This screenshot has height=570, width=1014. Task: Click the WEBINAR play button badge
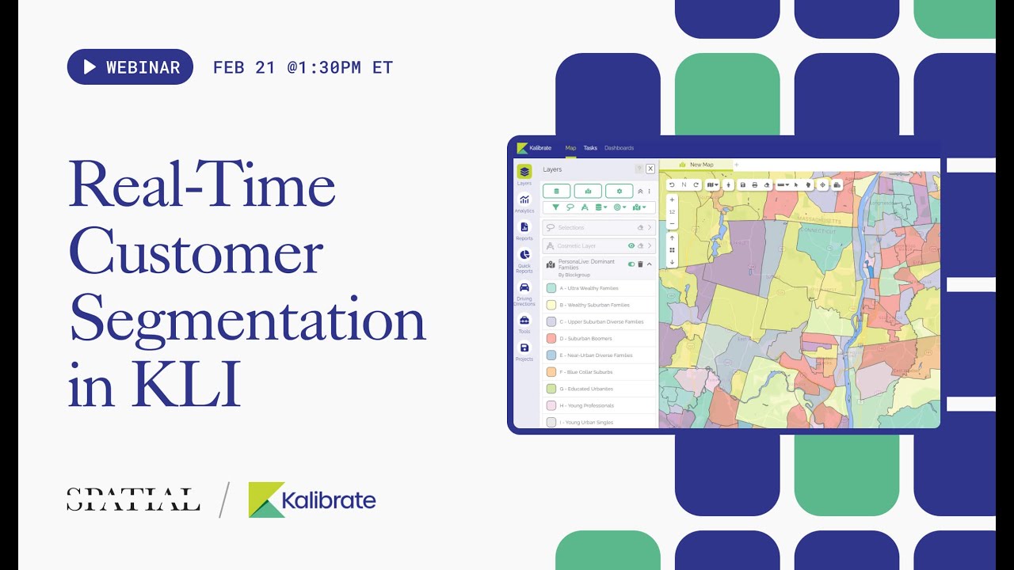[130, 67]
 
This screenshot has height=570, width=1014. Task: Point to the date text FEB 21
[244, 67]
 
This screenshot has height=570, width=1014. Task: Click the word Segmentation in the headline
[247, 322]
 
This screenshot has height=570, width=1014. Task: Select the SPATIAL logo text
[133, 500]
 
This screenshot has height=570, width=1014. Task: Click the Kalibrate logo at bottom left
[312, 500]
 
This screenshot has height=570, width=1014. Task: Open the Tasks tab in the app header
[590, 148]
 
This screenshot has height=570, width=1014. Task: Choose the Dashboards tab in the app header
[619, 148]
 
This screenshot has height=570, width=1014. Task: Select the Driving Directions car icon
[524, 287]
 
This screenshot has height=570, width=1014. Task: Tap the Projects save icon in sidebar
[524, 348]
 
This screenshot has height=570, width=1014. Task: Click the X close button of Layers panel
[650, 169]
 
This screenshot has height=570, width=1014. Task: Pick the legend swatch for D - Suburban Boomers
[551, 338]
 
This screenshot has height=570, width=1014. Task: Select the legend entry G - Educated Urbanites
[585, 389]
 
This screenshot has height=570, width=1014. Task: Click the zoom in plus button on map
[672, 200]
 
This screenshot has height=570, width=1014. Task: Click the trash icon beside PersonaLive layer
[640, 264]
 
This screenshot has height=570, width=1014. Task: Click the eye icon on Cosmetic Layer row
[631, 246]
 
